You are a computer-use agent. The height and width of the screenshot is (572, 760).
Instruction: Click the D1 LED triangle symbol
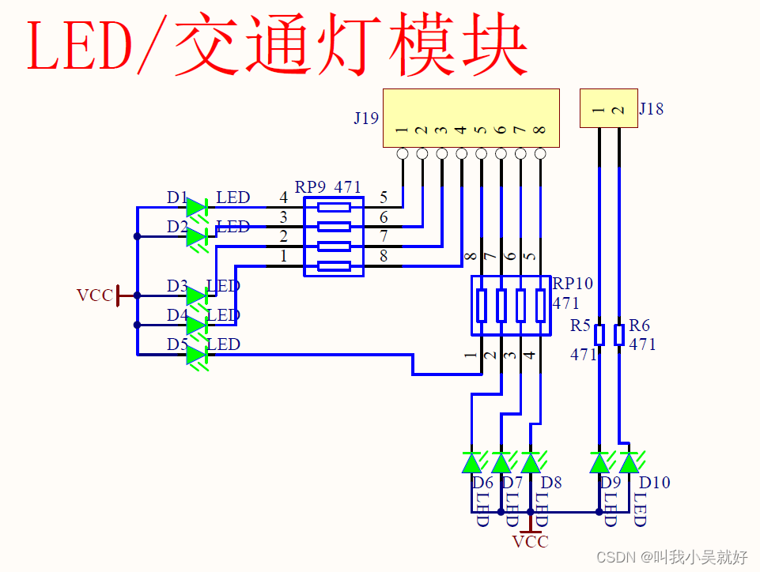click(x=196, y=208)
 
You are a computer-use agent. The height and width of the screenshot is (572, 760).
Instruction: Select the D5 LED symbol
click(x=196, y=355)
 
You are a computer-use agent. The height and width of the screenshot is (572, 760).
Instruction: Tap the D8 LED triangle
click(x=531, y=461)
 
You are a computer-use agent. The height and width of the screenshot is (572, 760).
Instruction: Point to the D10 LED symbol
click(x=630, y=461)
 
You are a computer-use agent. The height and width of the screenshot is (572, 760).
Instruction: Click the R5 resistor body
click(x=599, y=335)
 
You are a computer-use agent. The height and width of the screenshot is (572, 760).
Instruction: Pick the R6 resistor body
click(x=619, y=335)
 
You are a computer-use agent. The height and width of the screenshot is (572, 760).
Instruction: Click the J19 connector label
click(x=366, y=119)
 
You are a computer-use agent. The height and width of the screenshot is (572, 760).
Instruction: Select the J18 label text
click(x=652, y=109)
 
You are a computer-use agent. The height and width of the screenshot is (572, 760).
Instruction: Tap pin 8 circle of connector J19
click(x=540, y=153)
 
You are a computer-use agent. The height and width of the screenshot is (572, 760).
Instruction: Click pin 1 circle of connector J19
click(x=403, y=153)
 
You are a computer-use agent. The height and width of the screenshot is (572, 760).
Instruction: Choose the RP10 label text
click(x=573, y=284)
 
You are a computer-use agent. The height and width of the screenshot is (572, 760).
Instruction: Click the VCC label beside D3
click(x=94, y=295)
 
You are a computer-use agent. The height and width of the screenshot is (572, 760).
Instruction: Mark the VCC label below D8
click(x=530, y=542)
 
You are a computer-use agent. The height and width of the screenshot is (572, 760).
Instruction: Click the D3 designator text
click(x=177, y=285)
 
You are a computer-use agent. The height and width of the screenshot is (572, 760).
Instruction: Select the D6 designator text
click(x=482, y=482)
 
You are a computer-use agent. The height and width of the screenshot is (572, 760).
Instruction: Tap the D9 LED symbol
click(x=599, y=461)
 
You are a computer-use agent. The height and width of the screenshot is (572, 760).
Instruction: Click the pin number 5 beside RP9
click(x=384, y=198)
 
